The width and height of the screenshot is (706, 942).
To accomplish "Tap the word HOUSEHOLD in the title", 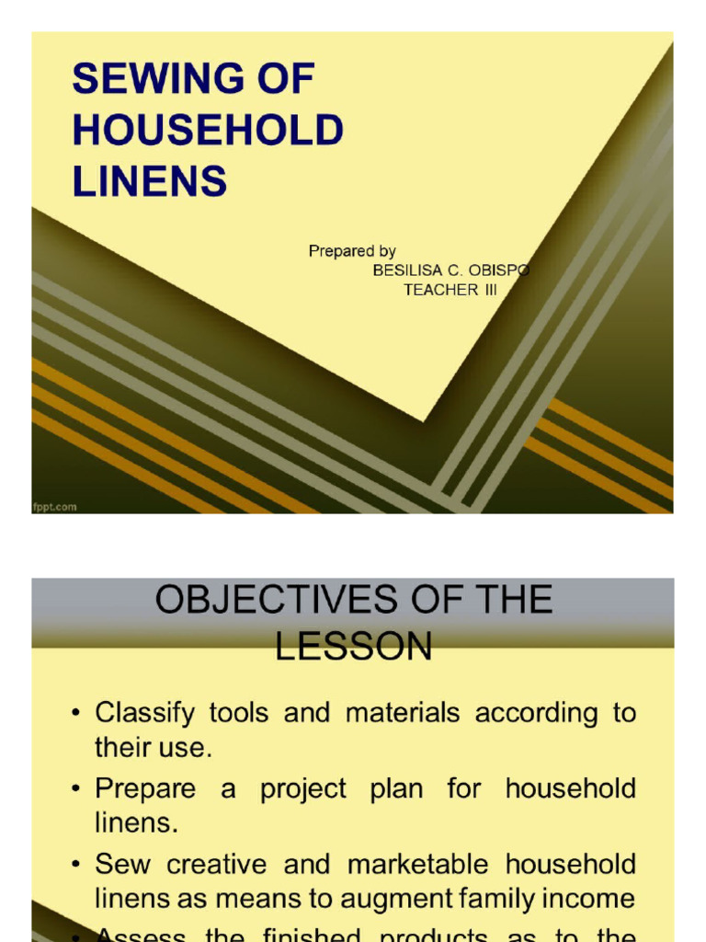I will click(208, 131).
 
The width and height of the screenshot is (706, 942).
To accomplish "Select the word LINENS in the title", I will click(150, 181).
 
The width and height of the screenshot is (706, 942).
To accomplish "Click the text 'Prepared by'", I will click(352, 251).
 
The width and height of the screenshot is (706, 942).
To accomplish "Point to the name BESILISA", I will click(411, 270).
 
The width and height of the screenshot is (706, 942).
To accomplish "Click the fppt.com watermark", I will click(55, 506).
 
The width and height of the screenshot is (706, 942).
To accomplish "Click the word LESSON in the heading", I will click(353, 647).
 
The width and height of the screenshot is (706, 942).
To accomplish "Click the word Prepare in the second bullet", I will click(145, 789).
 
